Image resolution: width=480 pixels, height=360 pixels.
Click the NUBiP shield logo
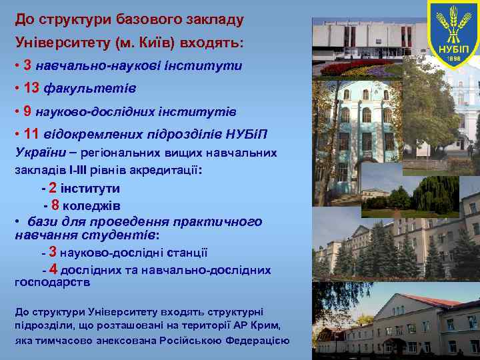pos(453,33)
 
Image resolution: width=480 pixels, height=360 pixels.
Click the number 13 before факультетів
pos(31,88)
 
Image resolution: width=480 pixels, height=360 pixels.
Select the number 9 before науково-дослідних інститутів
pos(27,111)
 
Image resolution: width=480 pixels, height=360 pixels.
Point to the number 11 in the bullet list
pos(31,133)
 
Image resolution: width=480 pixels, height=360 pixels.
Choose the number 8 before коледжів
pos(55,205)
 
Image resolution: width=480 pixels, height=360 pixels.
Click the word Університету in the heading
pos(55,42)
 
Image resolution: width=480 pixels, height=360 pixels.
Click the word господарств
pos(52,283)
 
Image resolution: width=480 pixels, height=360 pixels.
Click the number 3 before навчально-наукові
pos(27,65)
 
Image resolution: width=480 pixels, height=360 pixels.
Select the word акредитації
pos(171,170)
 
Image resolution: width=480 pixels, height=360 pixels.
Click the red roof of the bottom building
pos(433,300)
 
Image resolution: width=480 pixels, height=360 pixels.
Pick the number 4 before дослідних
pos(53,269)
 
